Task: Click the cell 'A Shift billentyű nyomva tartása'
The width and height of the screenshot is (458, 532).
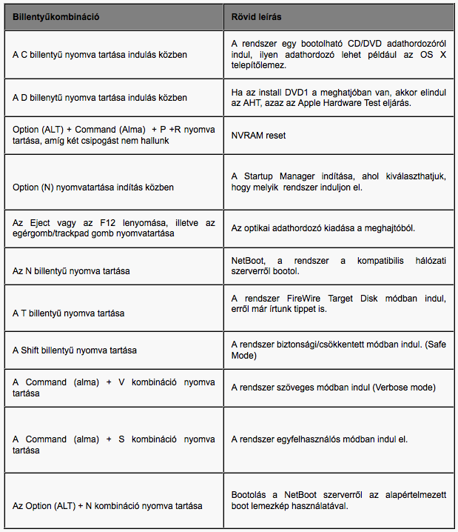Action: click(x=75, y=350)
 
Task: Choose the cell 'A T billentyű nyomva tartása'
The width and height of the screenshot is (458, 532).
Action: click(x=69, y=313)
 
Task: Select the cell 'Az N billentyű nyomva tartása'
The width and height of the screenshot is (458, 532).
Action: click(x=71, y=271)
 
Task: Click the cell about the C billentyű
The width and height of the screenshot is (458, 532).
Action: click(x=99, y=55)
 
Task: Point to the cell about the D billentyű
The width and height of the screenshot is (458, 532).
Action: click(x=99, y=98)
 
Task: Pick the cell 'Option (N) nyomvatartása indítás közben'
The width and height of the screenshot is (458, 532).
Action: click(x=92, y=187)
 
